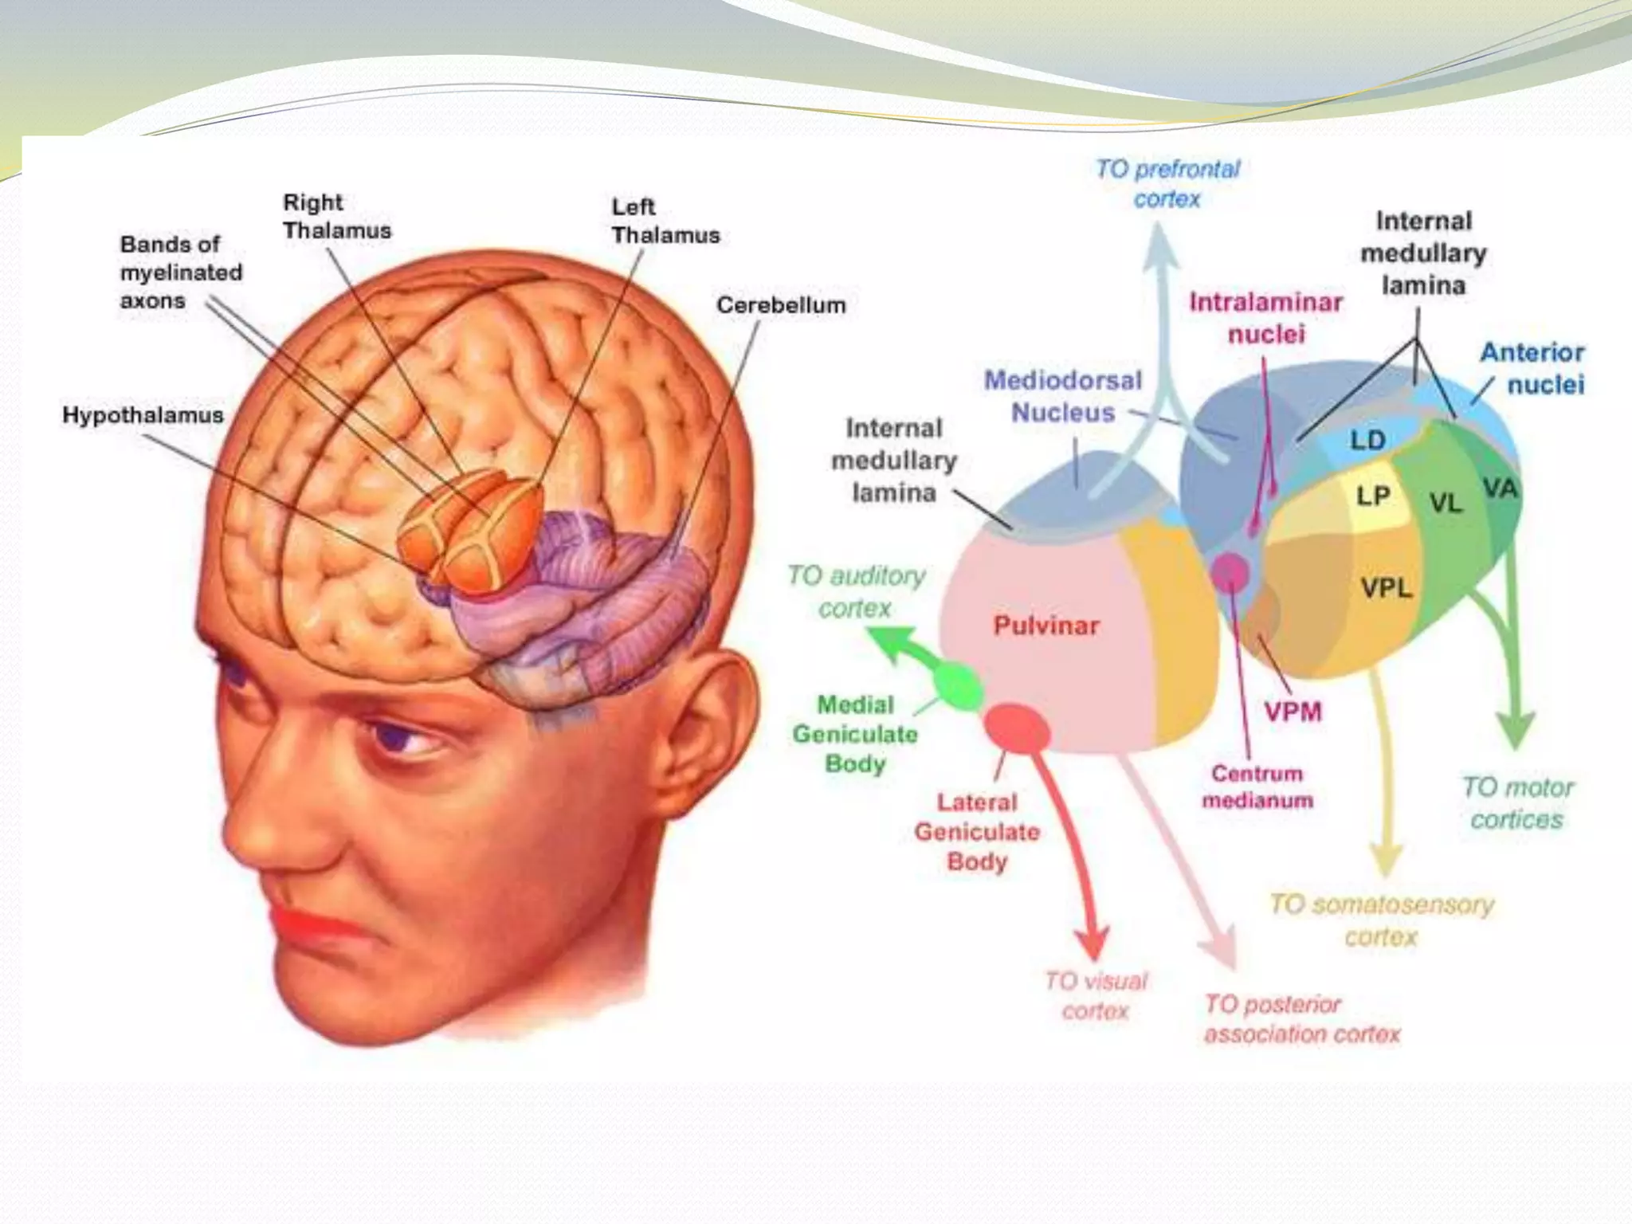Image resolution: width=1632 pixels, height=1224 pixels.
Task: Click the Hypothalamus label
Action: pyautogui.click(x=143, y=415)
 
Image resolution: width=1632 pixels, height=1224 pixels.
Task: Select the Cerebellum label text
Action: pyautogui.click(x=780, y=305)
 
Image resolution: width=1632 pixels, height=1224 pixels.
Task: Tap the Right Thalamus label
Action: pyautogui.click(x=337, y=217)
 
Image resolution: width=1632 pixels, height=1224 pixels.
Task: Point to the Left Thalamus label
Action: pyautogui.click(x=665, y=221)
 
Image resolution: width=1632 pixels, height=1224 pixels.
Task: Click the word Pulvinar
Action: pyautogui.click(x=1045, y=626)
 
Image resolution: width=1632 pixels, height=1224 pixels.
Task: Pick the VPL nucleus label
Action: pyautogui.click(x=1386, y=589)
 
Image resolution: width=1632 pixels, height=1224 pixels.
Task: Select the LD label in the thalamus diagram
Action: pyautogui.click(x=1367, y=440)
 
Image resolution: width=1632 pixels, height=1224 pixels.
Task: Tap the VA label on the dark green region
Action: pyautogui.click(x=1500, y=488)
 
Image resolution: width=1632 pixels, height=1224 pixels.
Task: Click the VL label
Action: pyautogui.click(x=1446, y=503)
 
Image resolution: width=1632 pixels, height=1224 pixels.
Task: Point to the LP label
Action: pyautogui.click(x=1373, y=496)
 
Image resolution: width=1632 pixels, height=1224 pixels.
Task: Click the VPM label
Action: pyautogui.click(x=1293, y=711)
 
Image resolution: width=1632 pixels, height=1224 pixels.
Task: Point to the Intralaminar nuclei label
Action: pyautogui.click(x=1265, y=318)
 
